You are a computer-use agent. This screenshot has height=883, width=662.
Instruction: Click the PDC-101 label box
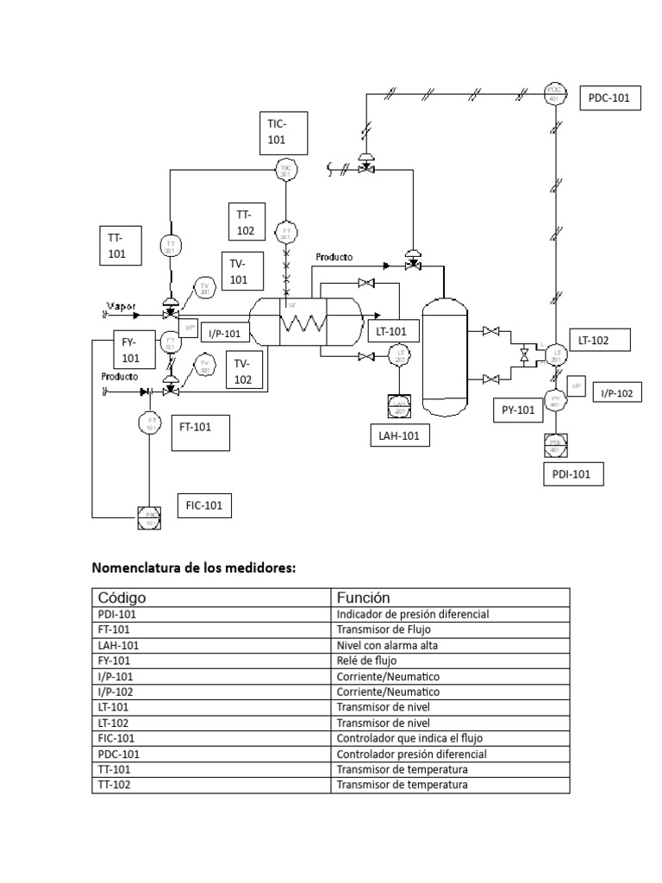(609, 98)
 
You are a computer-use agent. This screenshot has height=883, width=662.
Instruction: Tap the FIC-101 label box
(203, 505)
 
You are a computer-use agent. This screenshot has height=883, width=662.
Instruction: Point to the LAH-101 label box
(399, 436)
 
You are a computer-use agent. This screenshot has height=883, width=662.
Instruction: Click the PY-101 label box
(518, 410)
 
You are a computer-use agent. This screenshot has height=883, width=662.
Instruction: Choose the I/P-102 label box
(617, 393)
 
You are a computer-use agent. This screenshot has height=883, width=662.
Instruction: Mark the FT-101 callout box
(201, 431)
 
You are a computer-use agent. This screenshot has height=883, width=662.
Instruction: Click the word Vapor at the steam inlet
(121, 305)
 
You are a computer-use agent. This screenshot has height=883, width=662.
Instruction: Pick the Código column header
(122, 598)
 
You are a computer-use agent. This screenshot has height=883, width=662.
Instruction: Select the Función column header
(363, 598)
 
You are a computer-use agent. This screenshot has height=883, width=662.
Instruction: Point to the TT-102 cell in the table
(116, 785)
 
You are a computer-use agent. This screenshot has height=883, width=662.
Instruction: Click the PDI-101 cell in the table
(117, 614)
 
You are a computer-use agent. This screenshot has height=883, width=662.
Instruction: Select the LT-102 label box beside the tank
(600, 341)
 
